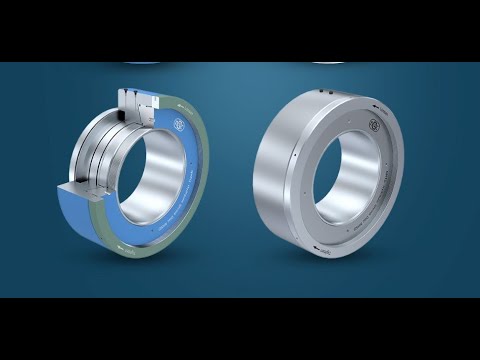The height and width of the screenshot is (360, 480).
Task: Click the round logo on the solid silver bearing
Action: (373, 128)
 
